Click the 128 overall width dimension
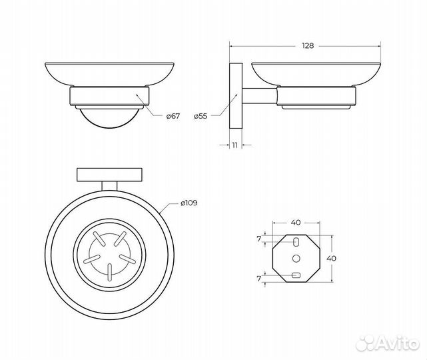(x=308, y=46)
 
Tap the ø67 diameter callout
(x=173, y=116)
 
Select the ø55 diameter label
(x=201, y=117)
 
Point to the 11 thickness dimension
(x=235, y=145)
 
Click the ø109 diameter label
(x=189, y=203)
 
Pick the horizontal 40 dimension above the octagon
(x=296, y=223)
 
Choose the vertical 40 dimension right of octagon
(x=331, y=258)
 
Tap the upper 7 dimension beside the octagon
(x=258, y=239)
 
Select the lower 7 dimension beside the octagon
(x=258, y=279)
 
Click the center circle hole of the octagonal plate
(x=296, y=258)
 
